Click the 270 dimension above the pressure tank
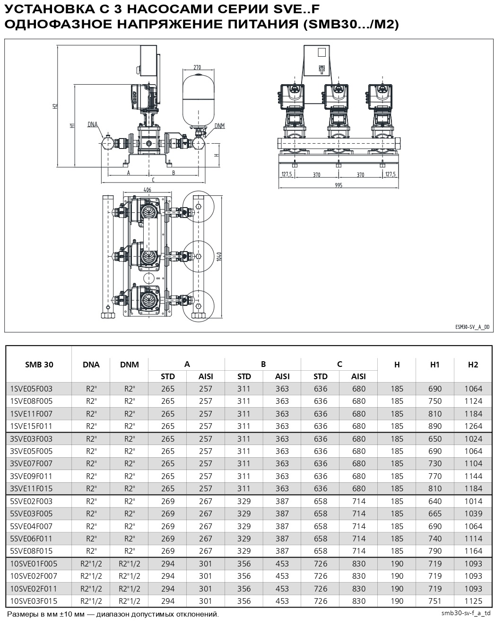[x=197, y=67]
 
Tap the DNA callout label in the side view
[x=92, y=124]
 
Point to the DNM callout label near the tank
[x=219, y=125]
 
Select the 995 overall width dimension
[x=338, y=185]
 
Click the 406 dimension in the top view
[x=147, y=190]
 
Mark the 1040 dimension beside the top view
[x=220, y=256]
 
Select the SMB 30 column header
[x=39, y=365]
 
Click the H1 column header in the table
[x=435, y=365]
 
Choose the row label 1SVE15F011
[x=31, y=426]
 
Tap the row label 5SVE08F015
[x=31, y=551]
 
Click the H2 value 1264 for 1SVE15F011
[x=473, y=426]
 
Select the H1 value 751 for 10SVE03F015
[x=435, y=601]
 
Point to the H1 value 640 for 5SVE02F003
[x=435, y=501]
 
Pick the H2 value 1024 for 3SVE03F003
[x=473, y=439]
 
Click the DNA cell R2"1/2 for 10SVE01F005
[x=91, y=564]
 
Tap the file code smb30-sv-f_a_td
[x=466, y=613]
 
